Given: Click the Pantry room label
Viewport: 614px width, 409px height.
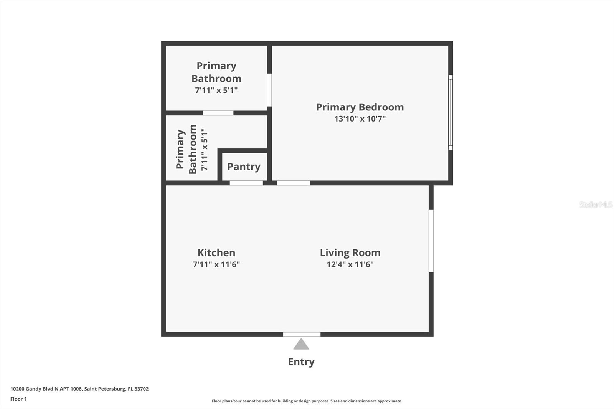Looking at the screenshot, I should pos(244,167).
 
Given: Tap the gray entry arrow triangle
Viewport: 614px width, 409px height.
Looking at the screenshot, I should pos(301,344).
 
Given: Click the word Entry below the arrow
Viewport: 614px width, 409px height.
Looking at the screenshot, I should pos(301,362).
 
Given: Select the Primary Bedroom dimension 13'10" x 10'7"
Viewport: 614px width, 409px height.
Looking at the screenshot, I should pos(360,119).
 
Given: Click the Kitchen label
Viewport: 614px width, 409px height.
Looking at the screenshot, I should pos(216,252).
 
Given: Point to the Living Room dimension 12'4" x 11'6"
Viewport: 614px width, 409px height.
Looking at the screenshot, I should pos(350,264).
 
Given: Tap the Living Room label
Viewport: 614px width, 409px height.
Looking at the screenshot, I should pos(350,252).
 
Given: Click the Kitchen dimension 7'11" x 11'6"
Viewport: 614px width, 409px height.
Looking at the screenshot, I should pos(216,264).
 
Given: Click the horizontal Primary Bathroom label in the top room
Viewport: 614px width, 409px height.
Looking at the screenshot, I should pos(216,72).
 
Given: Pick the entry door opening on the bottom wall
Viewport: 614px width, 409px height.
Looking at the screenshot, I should pos(302,335).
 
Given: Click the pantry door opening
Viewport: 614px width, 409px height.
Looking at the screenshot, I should pos(246,183).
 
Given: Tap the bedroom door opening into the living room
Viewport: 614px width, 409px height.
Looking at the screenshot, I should pos(293,183).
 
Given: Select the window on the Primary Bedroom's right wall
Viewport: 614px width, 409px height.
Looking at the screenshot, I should pos(451,112).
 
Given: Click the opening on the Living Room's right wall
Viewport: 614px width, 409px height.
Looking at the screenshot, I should pos(431,241).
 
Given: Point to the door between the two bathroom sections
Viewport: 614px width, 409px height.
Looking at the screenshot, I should pos(218,113).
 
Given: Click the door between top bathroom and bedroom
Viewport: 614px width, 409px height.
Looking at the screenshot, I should pos(269,90).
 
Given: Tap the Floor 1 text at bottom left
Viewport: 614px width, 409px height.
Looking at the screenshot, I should pos(18,399).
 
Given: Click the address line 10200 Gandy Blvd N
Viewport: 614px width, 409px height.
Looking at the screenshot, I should pos(79,389).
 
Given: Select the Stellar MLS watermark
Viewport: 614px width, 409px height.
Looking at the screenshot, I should pos(596,204).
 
